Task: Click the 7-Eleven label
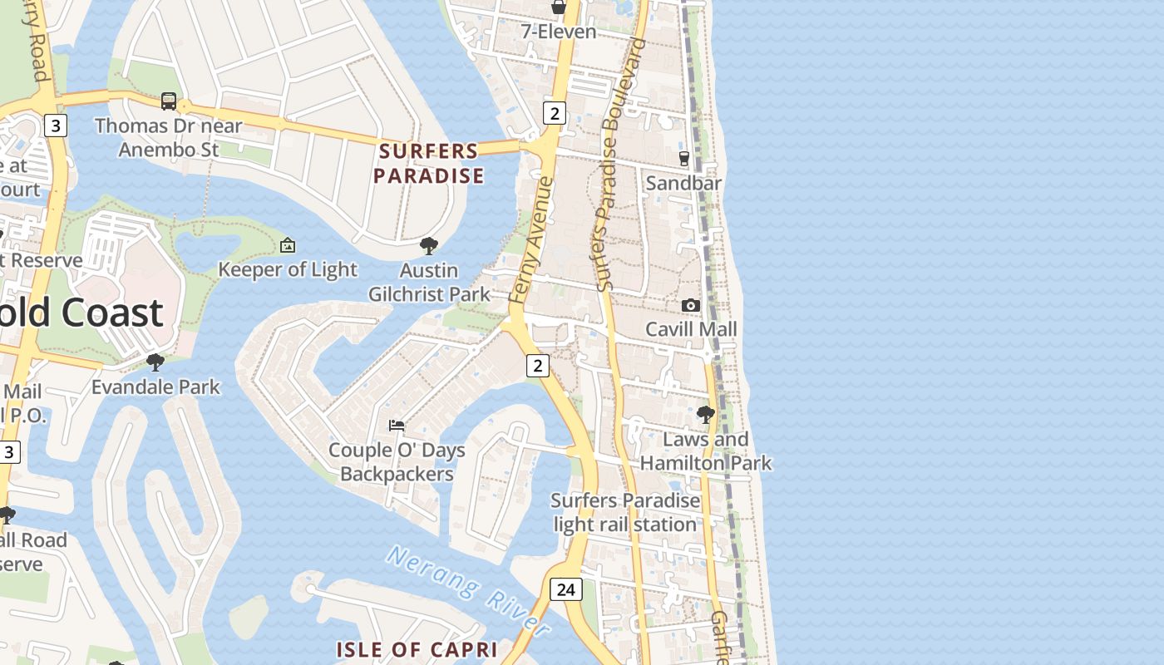(x=559, y=32)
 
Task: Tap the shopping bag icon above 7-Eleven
(x=559, y=7)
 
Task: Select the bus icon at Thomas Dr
(x=169, y=101)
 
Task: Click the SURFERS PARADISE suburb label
(x=428, y=164)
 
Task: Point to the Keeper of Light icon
(x=288, y=245)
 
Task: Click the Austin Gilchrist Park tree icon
(x=429, y=246)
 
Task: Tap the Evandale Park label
(x=155, y=387)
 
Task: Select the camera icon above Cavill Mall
(x=691, y=306)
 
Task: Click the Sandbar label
(x=683, y=183)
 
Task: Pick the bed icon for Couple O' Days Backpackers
(x=397, y=426)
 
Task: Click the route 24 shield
(x=565, y=589)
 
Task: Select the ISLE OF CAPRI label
(x=417, y=649)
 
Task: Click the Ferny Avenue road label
(x=531, y=239)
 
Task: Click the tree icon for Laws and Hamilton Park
(x=706, y=414)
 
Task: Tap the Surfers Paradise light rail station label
(x=624, y=512)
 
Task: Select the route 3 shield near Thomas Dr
(x=56, y=126)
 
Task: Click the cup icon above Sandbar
(x=684, y=158)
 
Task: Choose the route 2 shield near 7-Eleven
(x=555, y=112)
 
